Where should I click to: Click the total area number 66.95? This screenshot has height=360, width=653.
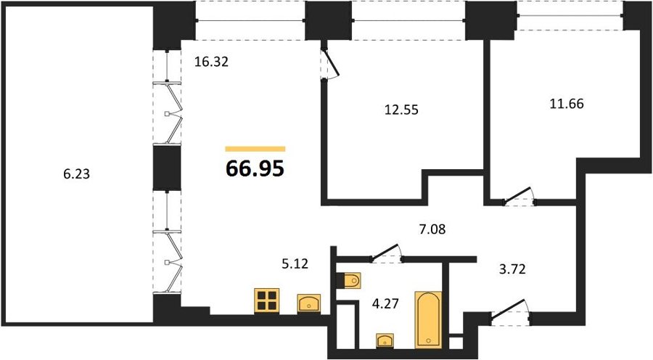click(x=255, y=168)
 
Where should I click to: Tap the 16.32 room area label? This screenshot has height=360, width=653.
click(x=212, y=62)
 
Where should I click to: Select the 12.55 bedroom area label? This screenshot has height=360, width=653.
click(x=401, y=110)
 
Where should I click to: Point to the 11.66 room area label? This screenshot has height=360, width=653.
click(x=567, y=103)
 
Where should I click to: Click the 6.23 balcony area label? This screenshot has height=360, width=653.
click(x=77, y=173)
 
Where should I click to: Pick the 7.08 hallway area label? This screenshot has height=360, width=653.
click(x=432, y=229)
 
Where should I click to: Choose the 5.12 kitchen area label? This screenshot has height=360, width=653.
click(x=295, y=263)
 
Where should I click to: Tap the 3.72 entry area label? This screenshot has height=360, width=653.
click(x=512, y=269)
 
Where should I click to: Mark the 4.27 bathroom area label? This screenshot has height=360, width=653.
click(x=385, y=303)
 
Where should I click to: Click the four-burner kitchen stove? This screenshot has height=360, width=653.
click(x=266, y=300)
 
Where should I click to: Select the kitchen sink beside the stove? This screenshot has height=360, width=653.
click(x=309, y=303)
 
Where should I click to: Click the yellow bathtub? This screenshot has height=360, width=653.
click(x=428, y=319)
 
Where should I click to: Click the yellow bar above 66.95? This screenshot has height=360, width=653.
click(x=255, y=149)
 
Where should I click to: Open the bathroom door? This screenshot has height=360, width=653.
click(x=386, y=253)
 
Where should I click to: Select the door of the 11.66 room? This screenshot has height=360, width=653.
click(x=519, y=196)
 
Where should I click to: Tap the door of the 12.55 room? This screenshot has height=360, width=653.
click(x=330, y=62)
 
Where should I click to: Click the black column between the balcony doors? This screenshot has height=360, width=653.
click(x=167, y=168)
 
